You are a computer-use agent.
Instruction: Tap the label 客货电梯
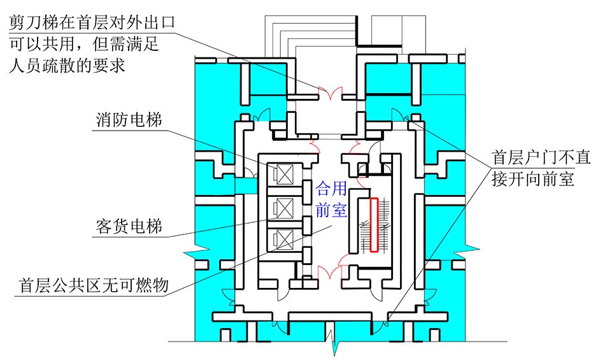coord(128,226)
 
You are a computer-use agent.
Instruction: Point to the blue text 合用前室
coord(332,199)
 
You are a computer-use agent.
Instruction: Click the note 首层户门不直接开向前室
coord(534,168)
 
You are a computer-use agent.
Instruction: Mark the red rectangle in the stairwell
coord(374,225)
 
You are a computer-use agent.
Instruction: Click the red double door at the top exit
coord(331,94)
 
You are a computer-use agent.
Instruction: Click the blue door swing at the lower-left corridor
coord(226,294)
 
